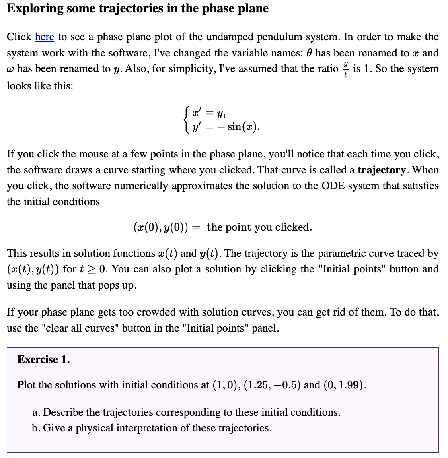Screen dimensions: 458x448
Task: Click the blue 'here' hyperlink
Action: (x=44, y=37)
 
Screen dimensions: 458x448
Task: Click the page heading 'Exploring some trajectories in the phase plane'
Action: (x=138, y=8)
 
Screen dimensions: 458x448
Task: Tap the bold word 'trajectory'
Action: (x=381, y=170)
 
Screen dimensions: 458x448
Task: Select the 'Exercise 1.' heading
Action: (x=43, y=359)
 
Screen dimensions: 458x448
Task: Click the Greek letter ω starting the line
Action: (x=10, y=69)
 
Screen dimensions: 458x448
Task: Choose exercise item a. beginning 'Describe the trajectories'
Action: (x=186, y=412)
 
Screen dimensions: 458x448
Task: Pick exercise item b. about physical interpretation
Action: (x=152, y=428)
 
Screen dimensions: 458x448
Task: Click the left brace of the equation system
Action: (x=186, y=120)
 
